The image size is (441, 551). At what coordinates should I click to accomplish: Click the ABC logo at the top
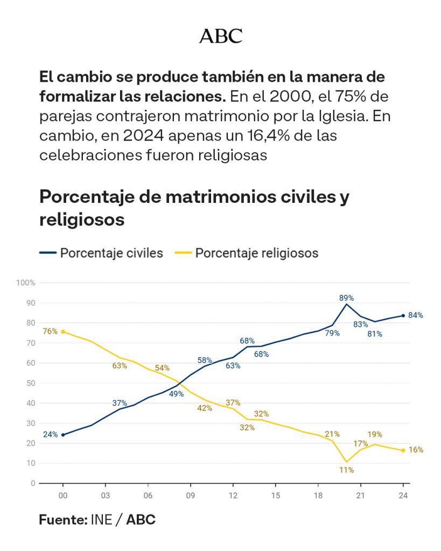click(x=221, y=36)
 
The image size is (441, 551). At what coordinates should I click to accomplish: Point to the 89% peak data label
click(x=346, y=298)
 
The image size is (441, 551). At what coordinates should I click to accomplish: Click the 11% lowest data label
click(x=346, y=470)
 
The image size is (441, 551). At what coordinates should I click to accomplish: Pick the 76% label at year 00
click(x=50, y=331)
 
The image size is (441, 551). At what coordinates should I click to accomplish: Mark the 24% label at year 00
click(x=50, y=435)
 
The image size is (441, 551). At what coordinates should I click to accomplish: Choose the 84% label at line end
click(x=416, y=315)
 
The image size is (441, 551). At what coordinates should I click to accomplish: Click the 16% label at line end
click(x=416, y=450)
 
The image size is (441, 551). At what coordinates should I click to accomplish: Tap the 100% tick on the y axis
click(x=26, y=283)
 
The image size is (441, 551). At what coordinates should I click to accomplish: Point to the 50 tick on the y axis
click(x=31, y=383)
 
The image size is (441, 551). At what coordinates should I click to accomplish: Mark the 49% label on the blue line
click(x=176, y=393)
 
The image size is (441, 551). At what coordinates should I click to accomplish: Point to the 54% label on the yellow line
click(x=162, y=368)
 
